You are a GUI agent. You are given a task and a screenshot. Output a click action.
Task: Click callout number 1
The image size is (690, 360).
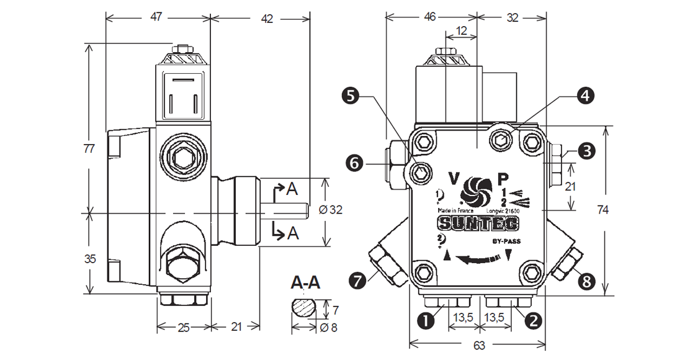[x=426, y=321]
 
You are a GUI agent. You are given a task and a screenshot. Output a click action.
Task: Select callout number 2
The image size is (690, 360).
[x=531, y=321]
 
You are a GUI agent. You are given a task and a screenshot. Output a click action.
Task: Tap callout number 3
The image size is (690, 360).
[x=585, y=150]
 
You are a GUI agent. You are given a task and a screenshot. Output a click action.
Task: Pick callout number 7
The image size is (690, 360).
[x=357, y=281]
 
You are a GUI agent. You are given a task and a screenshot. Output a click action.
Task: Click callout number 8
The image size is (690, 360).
[x=586, y=281]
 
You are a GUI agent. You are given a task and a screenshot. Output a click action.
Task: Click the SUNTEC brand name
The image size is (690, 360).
[x=478, y=222]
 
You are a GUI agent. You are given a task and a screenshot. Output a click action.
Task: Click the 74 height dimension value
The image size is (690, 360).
[x=602, y=210]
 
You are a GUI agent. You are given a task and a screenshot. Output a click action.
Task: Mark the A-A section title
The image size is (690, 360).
[x=306, y=284]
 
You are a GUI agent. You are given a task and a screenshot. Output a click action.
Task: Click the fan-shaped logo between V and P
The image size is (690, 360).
[x=477, y=189]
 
